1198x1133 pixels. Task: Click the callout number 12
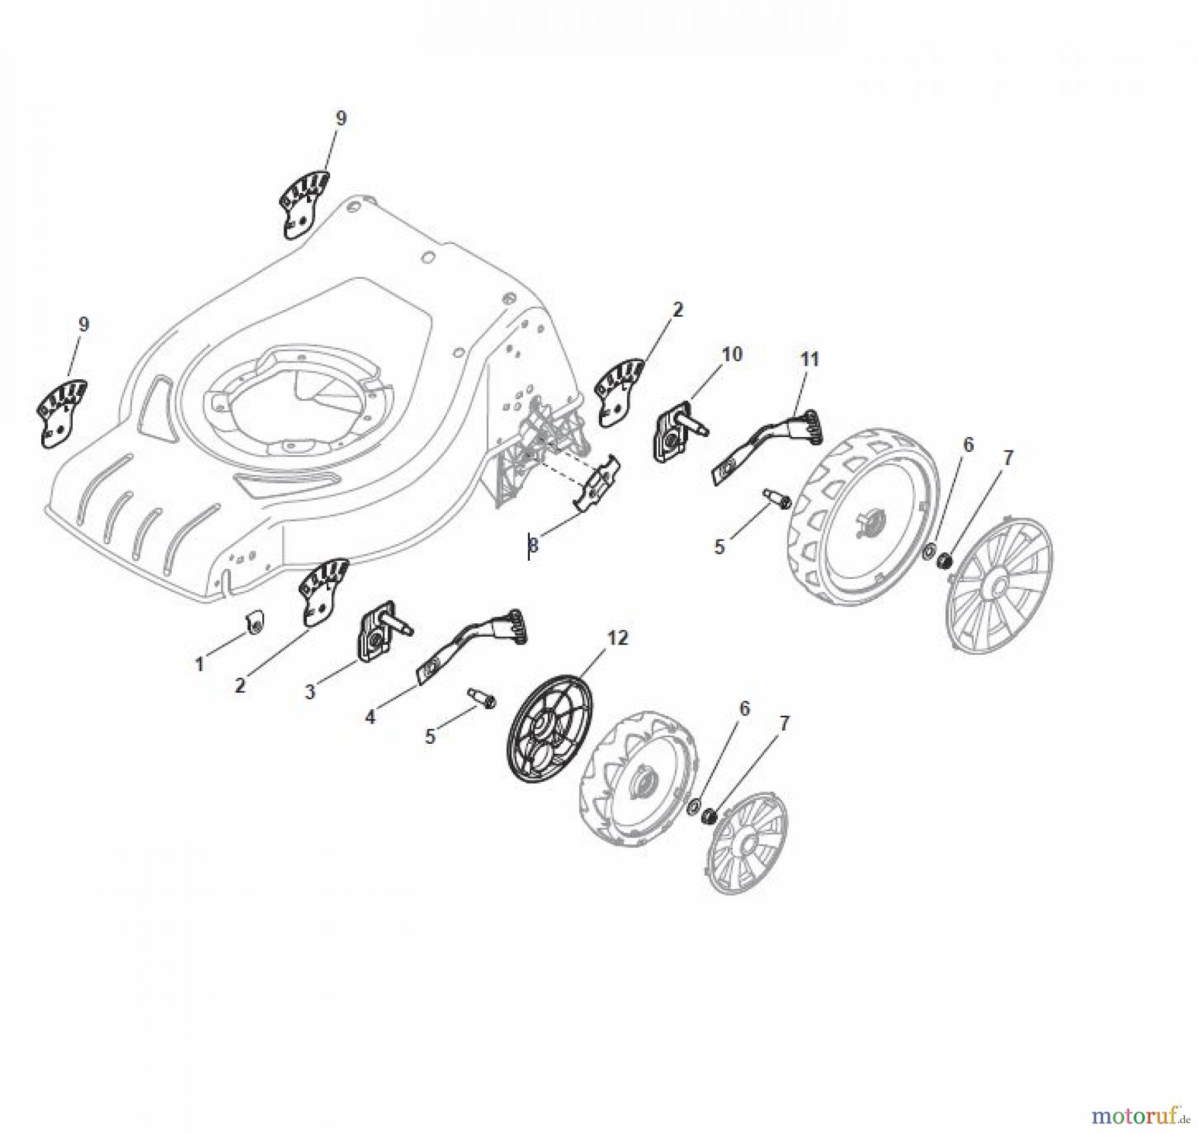coord(617,638)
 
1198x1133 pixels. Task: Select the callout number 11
coord(809,360)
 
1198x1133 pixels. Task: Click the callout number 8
coord(533,546)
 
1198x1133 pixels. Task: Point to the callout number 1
coord(199,663)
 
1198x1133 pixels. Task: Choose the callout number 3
coord(310,692)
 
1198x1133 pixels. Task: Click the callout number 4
coord(370,717)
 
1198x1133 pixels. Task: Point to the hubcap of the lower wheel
coord(747,842)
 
